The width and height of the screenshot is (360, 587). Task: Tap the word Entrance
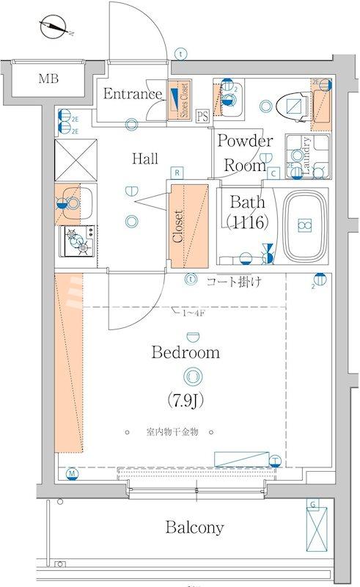click(132, 93)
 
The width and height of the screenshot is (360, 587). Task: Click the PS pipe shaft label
click(202, 115)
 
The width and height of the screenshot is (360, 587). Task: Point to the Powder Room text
click(244, 153)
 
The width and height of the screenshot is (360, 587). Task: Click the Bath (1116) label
click(246, 211)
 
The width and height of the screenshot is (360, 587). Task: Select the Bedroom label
click(185, 352)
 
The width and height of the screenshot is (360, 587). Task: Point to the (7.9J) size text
click(186, 401)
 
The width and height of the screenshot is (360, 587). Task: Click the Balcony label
click(194, 527)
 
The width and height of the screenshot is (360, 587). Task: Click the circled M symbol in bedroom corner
click(71, 473)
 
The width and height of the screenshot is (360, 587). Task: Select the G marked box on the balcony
click(314, 528)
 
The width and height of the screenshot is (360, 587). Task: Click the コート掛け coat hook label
click(233, 280)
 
